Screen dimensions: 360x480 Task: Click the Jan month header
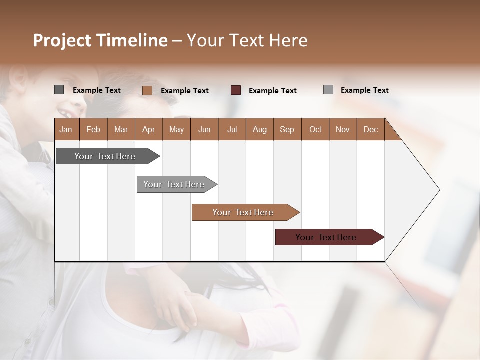[x=66, y=129]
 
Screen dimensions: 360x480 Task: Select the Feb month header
[x=93, y=129]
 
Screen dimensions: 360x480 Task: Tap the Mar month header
[x=121, y=129]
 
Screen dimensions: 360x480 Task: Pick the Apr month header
[x=149, y=129]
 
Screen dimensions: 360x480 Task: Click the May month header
[x=176, y=129]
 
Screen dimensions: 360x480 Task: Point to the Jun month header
[x=204, y=129]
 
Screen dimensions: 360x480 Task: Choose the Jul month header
[x=232, y=129]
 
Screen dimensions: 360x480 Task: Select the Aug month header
[x=260, y=129]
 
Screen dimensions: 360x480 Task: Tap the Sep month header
[x=287, y=129]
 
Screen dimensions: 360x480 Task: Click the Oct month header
[x=315, y=129]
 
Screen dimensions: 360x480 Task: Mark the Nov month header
[x=343, y=129]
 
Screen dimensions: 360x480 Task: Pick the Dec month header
[x=371, y=129]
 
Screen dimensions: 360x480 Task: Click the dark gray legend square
[x=59, y=90]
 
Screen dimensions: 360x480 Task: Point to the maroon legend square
[x=236, y=90]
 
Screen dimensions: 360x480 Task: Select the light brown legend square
[x=147, y=90]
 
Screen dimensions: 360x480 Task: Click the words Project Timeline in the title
[x=100, y=40]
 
